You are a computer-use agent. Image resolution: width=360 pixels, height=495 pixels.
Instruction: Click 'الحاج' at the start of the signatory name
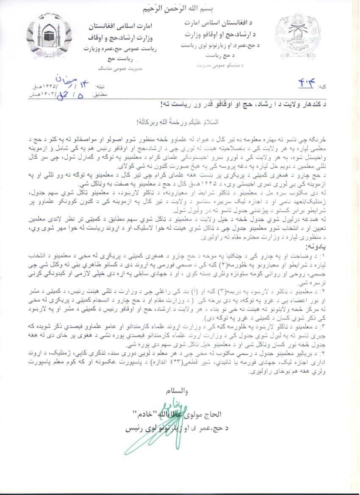(219, 413)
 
